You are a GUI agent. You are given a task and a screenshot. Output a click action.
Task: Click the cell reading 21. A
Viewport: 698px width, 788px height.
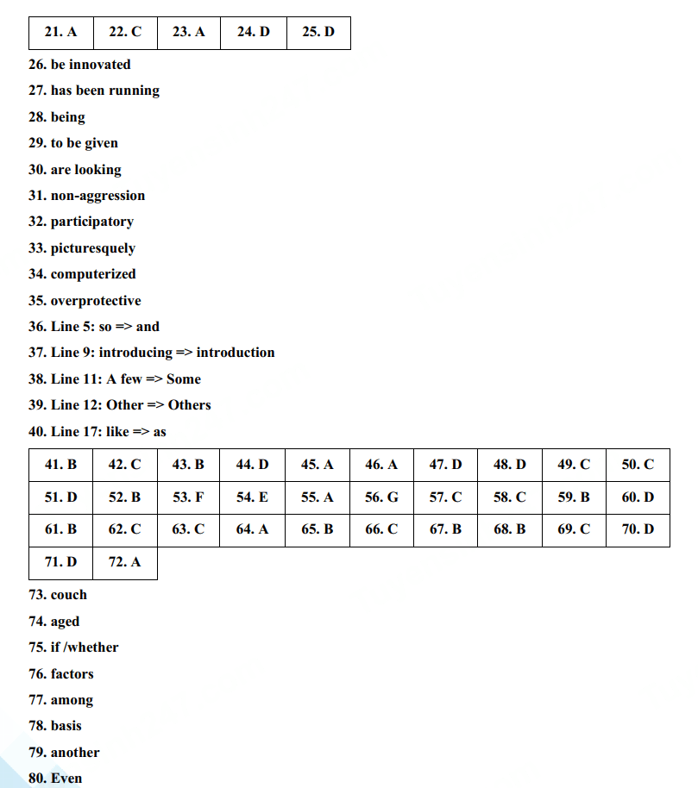[60, 32]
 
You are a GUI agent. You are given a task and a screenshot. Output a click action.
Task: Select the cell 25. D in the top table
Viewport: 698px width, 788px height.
[318, 32]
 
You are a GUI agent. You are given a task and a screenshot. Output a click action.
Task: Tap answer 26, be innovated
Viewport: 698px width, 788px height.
[79, 65]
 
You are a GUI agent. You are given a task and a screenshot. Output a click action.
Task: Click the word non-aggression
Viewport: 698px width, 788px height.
[97, 196]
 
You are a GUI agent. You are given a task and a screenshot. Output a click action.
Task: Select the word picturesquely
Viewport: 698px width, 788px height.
[93, 248]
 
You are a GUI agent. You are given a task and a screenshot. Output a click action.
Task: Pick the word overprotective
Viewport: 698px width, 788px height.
[96, 301]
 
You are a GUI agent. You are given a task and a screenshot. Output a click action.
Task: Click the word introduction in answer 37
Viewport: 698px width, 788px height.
[236, 353]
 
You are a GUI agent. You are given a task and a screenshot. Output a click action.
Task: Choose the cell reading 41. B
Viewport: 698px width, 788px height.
[60, 465]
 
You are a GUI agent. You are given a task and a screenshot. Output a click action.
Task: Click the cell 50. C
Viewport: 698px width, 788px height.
[638, 465]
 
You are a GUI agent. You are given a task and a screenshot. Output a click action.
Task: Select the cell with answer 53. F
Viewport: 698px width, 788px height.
[188, 497]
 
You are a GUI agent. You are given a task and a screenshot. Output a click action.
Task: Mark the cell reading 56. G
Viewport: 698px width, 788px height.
[381, 497]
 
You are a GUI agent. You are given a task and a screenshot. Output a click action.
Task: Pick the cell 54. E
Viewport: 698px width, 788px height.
[252, 497]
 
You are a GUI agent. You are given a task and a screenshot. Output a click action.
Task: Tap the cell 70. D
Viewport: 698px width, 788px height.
[638, 529]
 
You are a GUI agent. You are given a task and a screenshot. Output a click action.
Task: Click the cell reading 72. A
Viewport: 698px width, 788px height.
[124, 562]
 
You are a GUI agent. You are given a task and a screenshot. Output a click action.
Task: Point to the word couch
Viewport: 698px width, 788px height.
[69, 595]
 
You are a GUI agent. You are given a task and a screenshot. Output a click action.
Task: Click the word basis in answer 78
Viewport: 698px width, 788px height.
[66, 726]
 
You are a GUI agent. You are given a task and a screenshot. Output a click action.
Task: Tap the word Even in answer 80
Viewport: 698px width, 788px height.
[66, 779]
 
